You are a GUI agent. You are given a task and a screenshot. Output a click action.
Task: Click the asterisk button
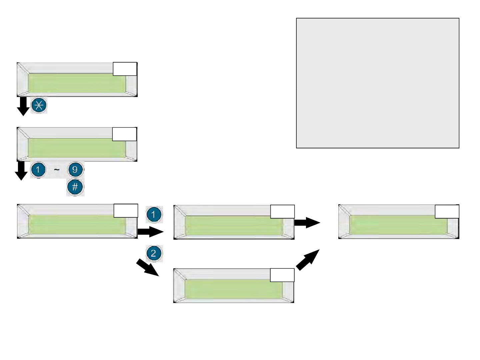tap(39, 105)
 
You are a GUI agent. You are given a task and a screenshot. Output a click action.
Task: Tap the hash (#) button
tap(75, 187)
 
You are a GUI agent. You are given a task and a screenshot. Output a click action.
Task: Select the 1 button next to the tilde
tap(38, 170)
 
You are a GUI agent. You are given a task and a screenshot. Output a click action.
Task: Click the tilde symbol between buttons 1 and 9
tap(57, 170)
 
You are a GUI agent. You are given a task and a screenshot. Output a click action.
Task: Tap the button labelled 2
tap(153, 253)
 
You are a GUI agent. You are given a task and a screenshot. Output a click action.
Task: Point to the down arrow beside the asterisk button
tap(23, 106)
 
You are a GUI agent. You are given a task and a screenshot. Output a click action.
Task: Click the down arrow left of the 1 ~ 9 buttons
tap(22, 170)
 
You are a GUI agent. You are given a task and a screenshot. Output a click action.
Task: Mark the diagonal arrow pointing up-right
tap(307, 260)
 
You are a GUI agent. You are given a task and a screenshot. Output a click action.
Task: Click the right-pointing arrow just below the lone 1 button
tap(150, 232)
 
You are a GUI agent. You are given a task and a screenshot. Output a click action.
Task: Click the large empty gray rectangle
tap(378, 83)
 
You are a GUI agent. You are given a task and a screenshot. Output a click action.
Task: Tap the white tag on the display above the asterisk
tap(125, 69)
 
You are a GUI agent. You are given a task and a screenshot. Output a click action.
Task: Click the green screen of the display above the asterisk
tap(77, 83)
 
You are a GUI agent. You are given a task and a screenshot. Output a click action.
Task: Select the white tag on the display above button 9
tap(124, 134)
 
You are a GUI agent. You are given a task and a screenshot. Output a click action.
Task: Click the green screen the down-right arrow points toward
tap(233, 289)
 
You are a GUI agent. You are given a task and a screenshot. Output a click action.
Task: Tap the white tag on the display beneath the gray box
tap(447, 211)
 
